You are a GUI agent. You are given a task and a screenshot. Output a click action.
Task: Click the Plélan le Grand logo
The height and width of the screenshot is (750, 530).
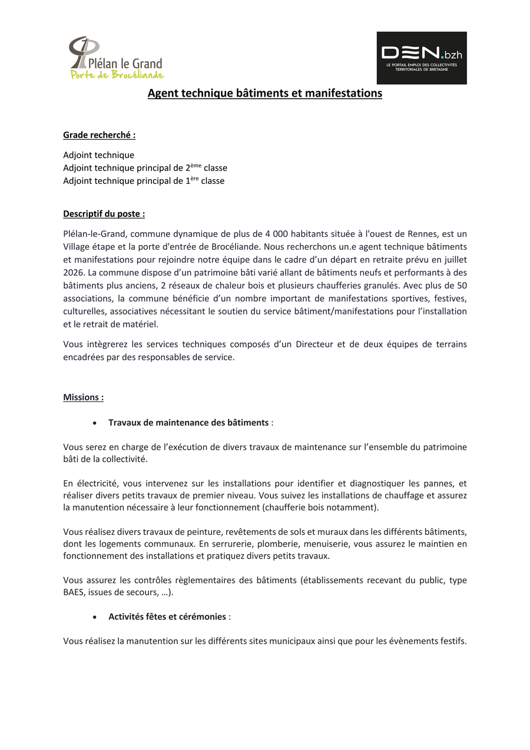click(115, 58)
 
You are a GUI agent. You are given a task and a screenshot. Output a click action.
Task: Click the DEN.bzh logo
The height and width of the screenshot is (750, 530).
click(422, 58)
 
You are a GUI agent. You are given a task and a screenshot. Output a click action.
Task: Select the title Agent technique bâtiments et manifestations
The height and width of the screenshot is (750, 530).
click(264, 93)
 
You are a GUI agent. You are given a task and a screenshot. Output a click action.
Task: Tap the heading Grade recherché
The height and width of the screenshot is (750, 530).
click(99, 135)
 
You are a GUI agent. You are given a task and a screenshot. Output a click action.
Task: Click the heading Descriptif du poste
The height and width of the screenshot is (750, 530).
click(104, 214)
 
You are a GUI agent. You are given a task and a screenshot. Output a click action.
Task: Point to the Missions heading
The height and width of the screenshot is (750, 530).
click(83, 397)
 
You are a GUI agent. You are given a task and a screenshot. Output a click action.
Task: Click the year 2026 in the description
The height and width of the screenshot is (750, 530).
click(74, 272)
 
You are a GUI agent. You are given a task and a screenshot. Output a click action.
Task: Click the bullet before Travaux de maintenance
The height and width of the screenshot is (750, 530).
click(95, 423)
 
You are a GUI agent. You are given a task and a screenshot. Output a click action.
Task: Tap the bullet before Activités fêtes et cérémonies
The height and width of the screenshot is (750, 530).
click(95, 617)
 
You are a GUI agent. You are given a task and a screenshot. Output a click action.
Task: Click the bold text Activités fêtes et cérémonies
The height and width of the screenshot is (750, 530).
click(167, 616)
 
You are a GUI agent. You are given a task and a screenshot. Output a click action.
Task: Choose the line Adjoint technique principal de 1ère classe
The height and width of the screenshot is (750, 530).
click(144, 181)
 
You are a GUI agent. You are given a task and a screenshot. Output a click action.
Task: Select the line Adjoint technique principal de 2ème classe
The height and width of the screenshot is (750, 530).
click(145, 168)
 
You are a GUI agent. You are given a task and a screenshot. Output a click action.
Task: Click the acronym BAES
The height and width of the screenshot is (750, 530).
click(74, 593)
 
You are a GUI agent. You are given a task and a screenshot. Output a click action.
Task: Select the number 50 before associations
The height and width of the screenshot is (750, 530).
click(462, 285)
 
